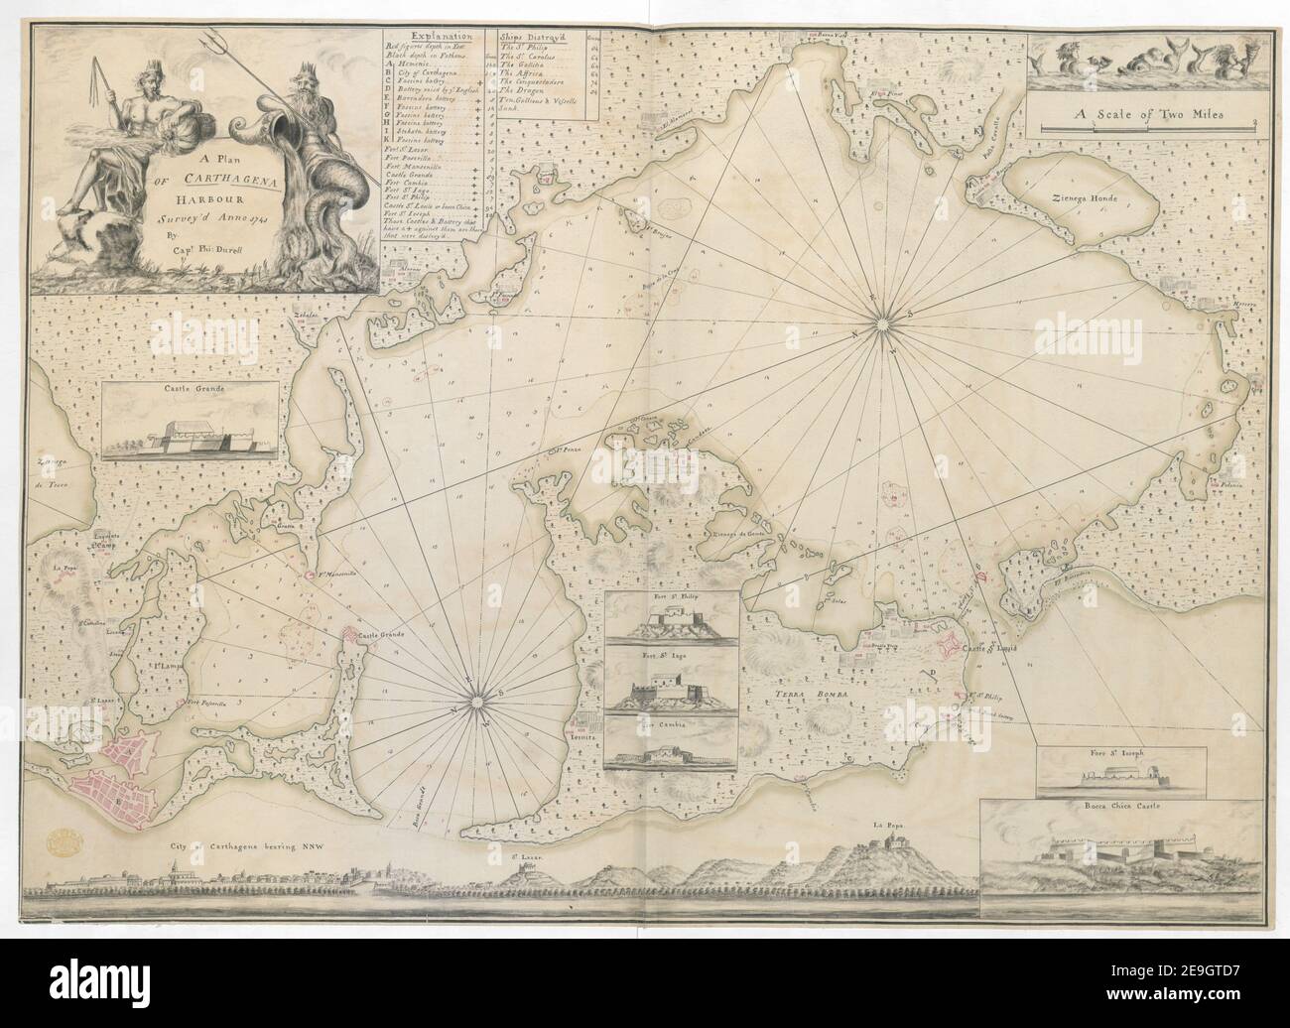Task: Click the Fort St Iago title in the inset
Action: (x=671, y=655)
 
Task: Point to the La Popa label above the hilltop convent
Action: (x=877, y=823)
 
